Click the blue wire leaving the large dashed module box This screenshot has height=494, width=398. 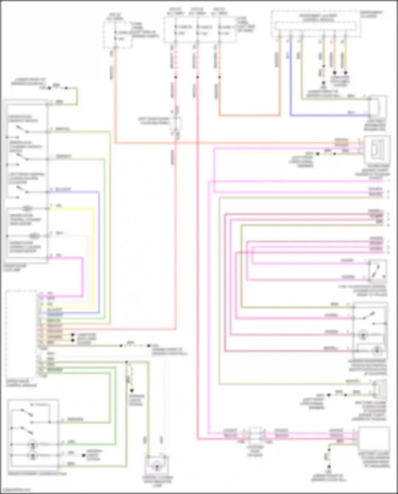(291, 80)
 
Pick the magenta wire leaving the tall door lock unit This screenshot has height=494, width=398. (82, 276)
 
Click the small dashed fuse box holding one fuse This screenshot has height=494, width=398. (117, 35)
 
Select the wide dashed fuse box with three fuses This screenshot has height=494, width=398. (200, 30)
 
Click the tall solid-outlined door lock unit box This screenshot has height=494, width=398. (26, 182)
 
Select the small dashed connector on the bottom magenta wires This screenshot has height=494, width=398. (254, 435)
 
